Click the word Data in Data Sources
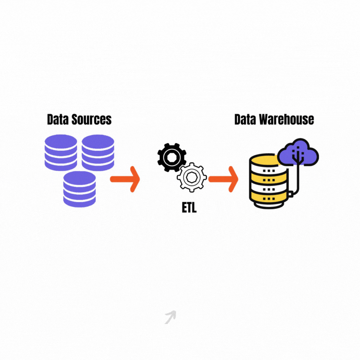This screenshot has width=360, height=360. pos(58,120)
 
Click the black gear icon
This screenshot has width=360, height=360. pos(171,157)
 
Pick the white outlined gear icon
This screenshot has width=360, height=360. pos(192,178)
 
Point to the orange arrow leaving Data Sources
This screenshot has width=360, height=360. pos(126,179)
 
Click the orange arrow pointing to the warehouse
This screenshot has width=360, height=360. pos(224,179)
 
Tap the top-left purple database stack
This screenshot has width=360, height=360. pos(61,152)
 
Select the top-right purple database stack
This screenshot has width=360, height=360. pos(98,152)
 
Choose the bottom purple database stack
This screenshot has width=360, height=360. pos(80,189)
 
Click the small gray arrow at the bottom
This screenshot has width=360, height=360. pos(170,317)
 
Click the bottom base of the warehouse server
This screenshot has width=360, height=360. pos(268,202)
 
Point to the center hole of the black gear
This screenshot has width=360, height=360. pos(171,157)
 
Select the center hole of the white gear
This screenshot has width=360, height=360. pos(192,178)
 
